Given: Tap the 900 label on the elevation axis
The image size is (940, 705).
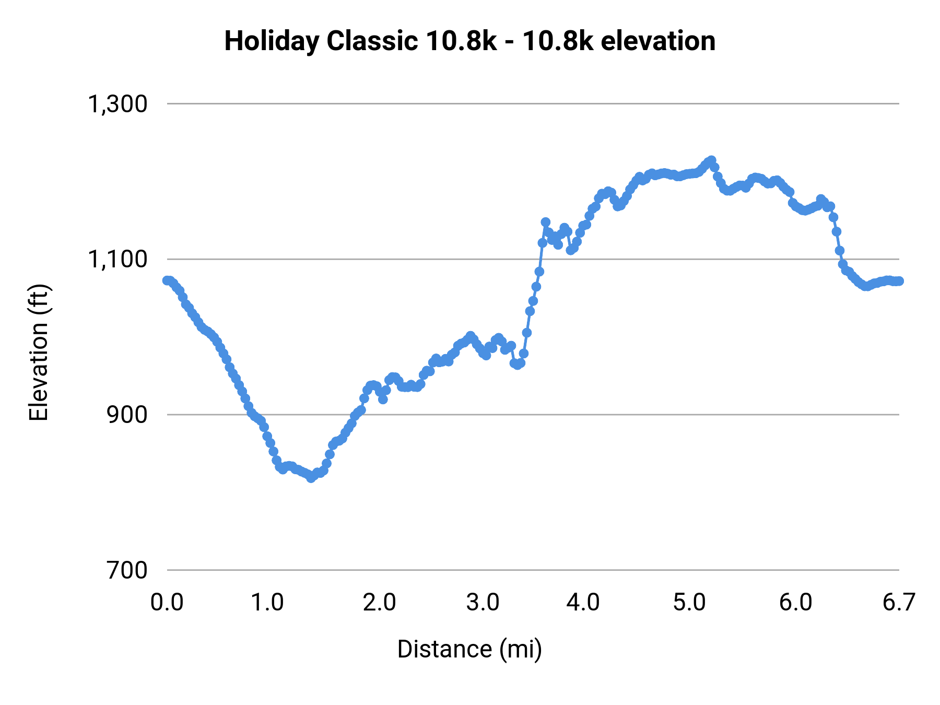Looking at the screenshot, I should pyautogui.click(x=127, y=415).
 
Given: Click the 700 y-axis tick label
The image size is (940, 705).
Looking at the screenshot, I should pyautogui.click(x=127, y=570).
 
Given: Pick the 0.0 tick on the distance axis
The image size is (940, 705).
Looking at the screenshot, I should pyautogui.click(x=167, y=602).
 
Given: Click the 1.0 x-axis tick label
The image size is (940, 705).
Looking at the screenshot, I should pyautogui.click(x=267, y=602).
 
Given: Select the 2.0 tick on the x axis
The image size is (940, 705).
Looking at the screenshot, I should pyautogui.click(x=380, y=602).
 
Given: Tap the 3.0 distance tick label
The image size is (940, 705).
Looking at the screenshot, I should pyautogui.click(x=483, y=602).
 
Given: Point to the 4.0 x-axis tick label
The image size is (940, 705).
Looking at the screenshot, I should pyautogui.click(x=583, y=602).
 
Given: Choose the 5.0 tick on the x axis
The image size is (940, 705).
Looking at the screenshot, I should pyautogui.click(x=689, y=602).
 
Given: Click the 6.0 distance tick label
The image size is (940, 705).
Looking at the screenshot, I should pyautogui.click(x=795, y=602).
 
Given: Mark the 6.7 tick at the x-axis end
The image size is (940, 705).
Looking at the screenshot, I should pyautogui.click(x=899, y=602).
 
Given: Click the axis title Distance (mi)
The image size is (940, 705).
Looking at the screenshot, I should pyautogui.click(x=469, y=649).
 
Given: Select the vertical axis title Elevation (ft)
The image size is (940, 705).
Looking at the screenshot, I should pyautogui.click(x=38, y=352).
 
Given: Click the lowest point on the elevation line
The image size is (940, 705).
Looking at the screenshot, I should pyautogui.click(x=311, y=478).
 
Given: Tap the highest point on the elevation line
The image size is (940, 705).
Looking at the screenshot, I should pyautogui.click(x=711, y=160).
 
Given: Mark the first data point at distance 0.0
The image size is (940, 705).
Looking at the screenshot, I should pyautogui.click(x=167, y=280).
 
